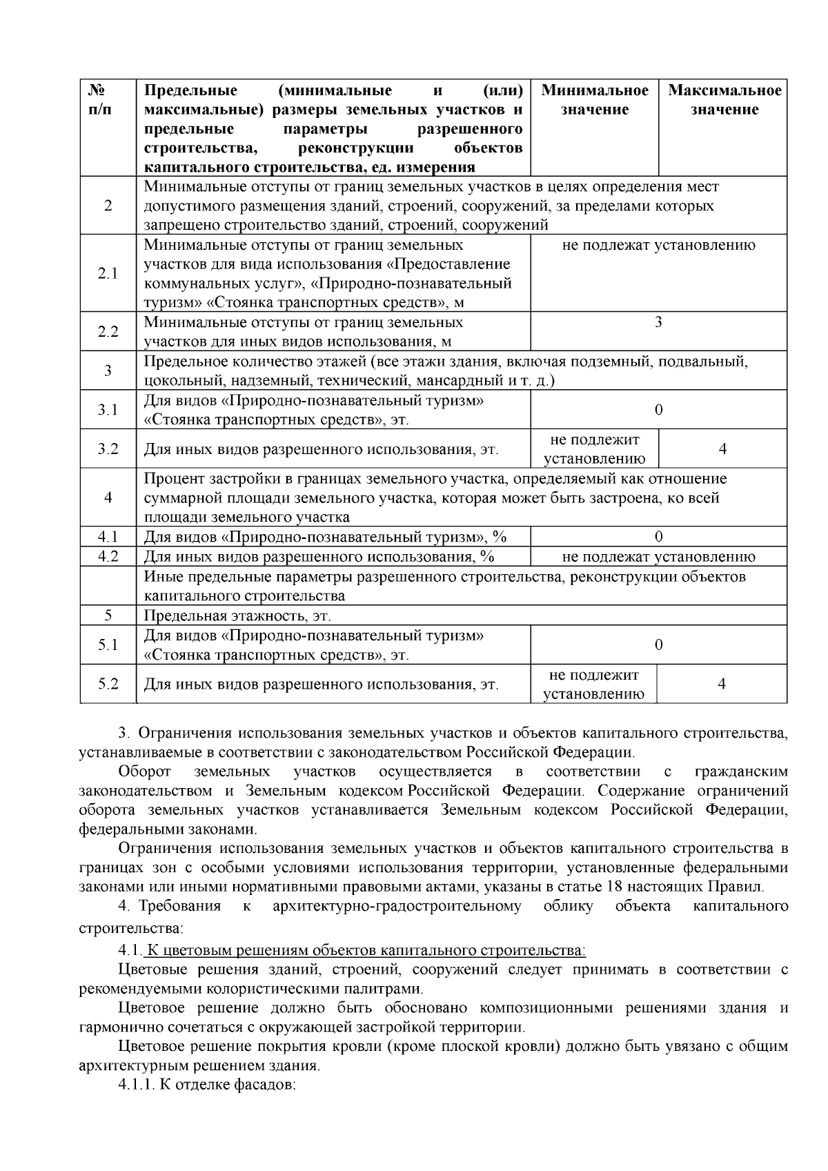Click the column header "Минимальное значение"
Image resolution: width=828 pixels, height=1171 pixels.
pyautogui.click(x=595, y=100)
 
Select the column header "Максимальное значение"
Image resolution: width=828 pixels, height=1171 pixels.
pyautogui.click(x=724, y=100)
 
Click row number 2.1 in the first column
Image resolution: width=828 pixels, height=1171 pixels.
pyautogui.click(x=108, y=273)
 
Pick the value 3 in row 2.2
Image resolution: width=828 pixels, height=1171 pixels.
pyautogui.click(x=658, y=322)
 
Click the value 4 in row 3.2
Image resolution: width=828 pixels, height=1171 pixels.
pyautogui.click(x=722, y=449)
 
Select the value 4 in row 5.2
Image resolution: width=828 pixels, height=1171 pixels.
pyautogui.click(x=722, y=684)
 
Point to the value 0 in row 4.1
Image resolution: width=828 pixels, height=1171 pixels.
pyautogui.click(x=658, y=537)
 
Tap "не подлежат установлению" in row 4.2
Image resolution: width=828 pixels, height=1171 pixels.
pyautogui.click(x=658, y=557)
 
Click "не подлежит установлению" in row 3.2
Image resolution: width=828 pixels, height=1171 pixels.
pyautogui.click(x=595, y=449)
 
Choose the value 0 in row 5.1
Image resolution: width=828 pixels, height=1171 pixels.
pyautogui.click(x=658, y=645)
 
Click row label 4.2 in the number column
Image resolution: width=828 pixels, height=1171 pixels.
pyautogui.click(x=108, y=556)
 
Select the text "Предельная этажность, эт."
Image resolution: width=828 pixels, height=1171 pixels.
pyautogui.click(x=237, y=616)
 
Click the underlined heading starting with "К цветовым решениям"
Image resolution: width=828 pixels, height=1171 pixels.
pyautogui.click(x=366, y=951)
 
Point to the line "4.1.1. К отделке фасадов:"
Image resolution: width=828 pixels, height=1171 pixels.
pyautogui.click(x=207, y=1085)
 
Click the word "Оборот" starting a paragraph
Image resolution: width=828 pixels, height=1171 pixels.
pyautogui.click(x=144, y=771)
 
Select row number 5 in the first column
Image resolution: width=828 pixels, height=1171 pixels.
pyautogui.click(x=108, y=616)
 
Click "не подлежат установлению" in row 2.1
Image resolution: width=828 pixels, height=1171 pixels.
pyautogui.click(x=658, y=246)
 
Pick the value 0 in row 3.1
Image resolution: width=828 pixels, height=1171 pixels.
pyautogui.click(x=658, y=410)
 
